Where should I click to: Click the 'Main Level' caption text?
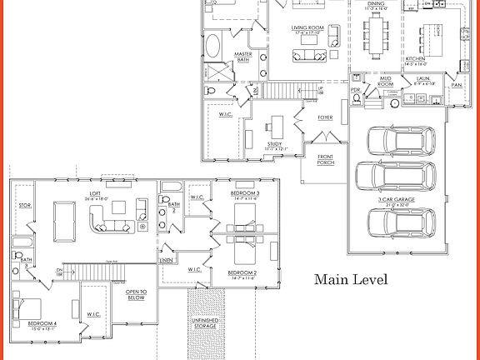tap(350, 280)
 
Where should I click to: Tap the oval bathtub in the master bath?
tap(212, 45)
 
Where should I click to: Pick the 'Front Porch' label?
tap(326, 161)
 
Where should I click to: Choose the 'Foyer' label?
tap(325, 117)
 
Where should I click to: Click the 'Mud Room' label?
tap(384, 82)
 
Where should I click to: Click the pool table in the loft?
tap(62, 217)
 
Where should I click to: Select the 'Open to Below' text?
tap(136, 294)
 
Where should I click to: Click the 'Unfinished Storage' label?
tap(204, 323)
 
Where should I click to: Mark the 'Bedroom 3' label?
tap(247, 194)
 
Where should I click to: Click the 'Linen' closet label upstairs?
tap(167, 261)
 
